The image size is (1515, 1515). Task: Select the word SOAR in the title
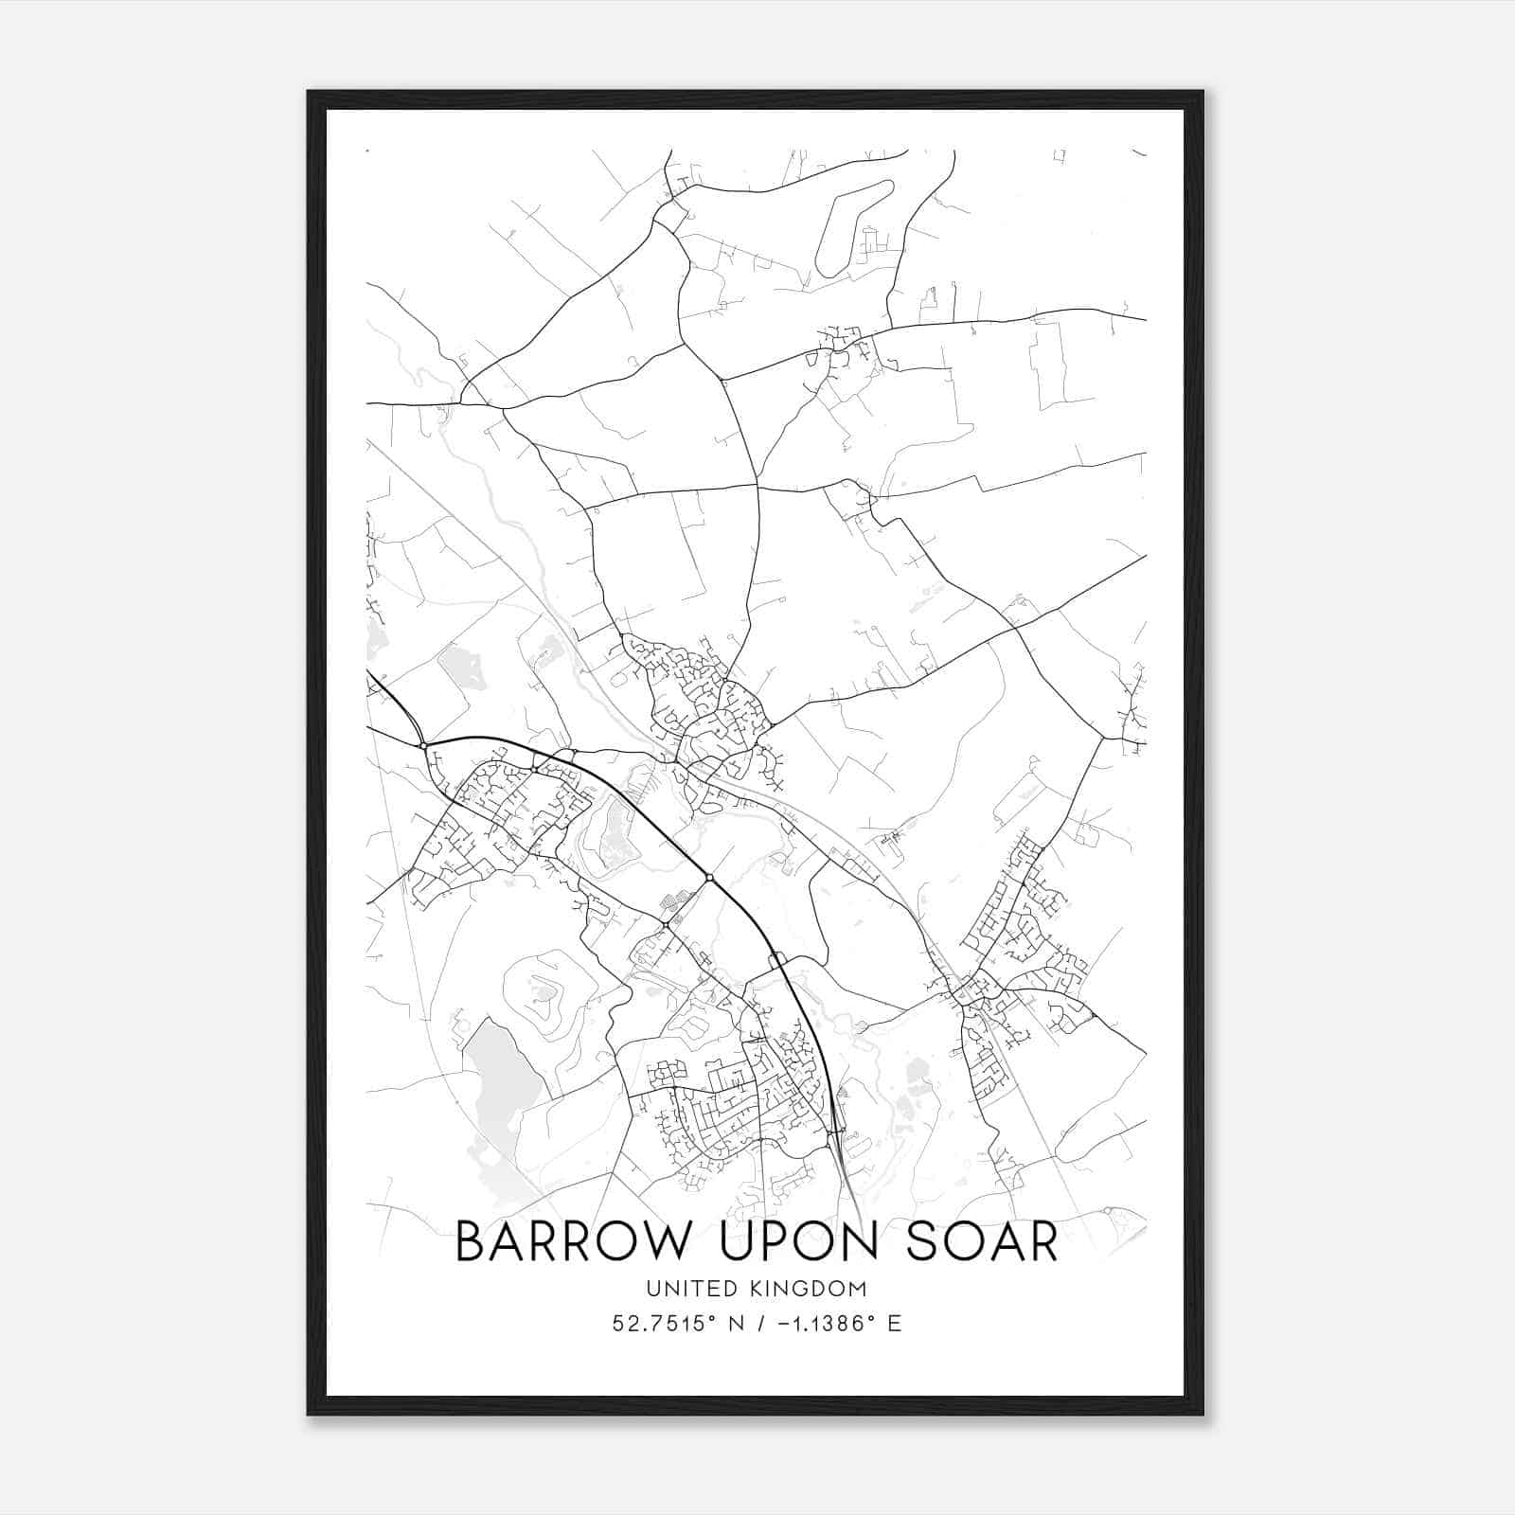click(x=982, y=1241)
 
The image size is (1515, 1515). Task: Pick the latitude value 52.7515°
click(x=659, y=1324)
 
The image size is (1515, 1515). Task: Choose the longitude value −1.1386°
click(x=823, y=1324)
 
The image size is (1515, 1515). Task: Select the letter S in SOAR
click(x=923, y=1241)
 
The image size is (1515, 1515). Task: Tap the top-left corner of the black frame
click(x=309, y=92)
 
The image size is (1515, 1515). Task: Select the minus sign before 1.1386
click(x=784, y=1324)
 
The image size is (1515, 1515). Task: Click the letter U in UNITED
click(x=653, y=1289)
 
